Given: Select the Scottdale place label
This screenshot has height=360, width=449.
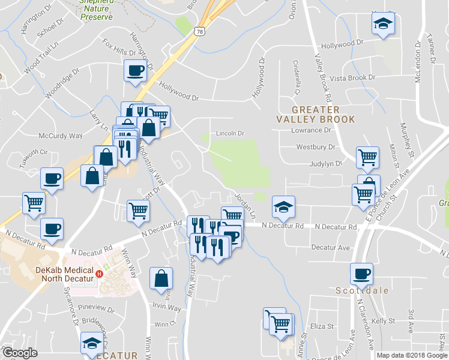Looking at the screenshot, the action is (x=362, y=290).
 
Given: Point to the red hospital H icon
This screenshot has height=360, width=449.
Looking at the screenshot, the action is (x=101, y=275).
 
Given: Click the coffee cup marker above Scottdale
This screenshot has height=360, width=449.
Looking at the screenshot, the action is (x=362, y=273).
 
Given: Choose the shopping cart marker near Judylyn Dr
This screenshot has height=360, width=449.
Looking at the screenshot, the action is (x=367, y=157).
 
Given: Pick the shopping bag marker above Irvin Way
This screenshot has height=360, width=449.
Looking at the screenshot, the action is (x=161, y=278).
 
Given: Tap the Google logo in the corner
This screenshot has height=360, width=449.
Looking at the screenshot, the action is (x=20, y=353).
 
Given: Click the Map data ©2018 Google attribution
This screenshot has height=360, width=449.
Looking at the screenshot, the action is (x=411, y=355).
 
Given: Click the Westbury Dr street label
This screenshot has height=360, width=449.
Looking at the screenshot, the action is (x=316, y=147).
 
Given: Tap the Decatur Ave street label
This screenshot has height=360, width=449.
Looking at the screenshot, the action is (x=330, y=247).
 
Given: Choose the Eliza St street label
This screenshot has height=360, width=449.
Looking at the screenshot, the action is (x=322, y=326).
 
